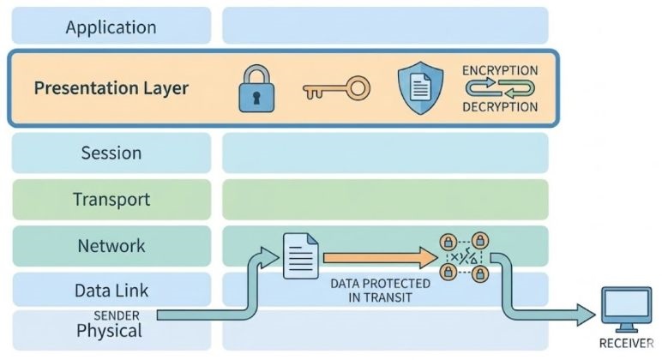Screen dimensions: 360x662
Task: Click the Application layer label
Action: pyautogui.click(x=111, y=27)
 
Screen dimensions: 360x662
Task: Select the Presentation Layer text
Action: pyautogui.click(x=111, y=88)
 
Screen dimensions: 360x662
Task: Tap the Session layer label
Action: pyautogui.click(x=111, y=153)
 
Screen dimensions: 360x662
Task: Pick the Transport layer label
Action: pyautogui.click(x=111, y=200)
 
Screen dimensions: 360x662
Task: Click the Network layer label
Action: pyautogui.click(x=111, y=246)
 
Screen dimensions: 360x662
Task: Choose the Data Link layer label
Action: pyautogui.click(x=111, y=291)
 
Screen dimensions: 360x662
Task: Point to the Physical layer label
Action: pyautogui.click(x=111, y=330)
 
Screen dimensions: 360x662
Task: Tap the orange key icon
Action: pyautogui.click(x=336, y=87)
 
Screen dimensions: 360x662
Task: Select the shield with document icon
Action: pyautogui.click(x=421, y=87)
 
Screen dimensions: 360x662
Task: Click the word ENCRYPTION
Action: pyautogui.click(x=500, y=70)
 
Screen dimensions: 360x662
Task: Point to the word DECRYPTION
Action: pyautogui.click(x=500, y=107)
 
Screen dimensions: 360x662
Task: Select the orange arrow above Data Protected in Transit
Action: pyautogui.click(x=377, y=255)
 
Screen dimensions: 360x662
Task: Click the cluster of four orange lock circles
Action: pyautogui.click(x=464, y=256)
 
